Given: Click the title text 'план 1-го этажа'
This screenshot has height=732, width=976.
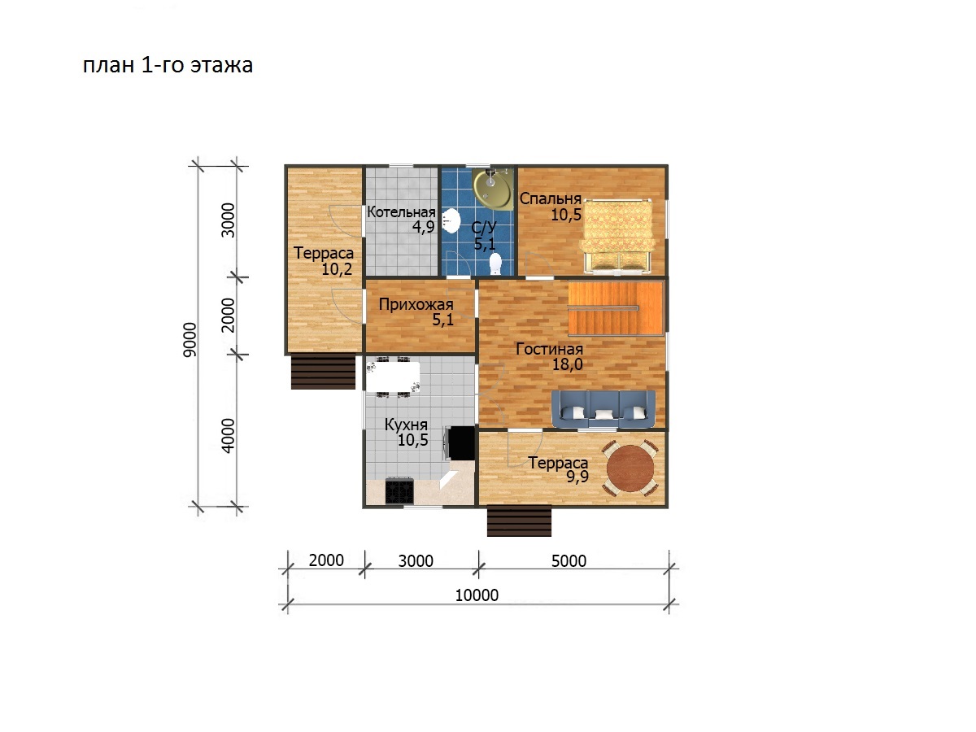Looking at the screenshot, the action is [168, 65].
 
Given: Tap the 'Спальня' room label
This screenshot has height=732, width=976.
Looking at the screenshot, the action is [551, 198].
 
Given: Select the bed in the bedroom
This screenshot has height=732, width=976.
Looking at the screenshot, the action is [617, 236].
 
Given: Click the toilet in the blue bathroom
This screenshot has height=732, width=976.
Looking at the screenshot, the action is [495, 264].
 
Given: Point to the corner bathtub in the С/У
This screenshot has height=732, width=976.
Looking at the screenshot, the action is [492, 188].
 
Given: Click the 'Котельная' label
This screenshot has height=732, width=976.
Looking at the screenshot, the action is [401, 212].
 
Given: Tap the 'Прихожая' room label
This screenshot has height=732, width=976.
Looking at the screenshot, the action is [416, 304].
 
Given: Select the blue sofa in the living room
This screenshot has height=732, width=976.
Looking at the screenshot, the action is [603, 409].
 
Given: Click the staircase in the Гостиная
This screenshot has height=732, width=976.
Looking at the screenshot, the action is [616, 308].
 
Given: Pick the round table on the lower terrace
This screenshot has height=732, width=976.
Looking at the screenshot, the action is [630, 468].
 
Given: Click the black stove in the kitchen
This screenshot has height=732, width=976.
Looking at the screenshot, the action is [399, 490].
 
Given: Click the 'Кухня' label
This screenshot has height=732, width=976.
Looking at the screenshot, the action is [406, 425].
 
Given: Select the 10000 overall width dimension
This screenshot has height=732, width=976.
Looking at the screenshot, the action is [477, 595].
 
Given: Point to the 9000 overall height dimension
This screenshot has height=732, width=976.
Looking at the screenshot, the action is [190, 339].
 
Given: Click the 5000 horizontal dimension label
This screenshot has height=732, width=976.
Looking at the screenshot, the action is [569, 561].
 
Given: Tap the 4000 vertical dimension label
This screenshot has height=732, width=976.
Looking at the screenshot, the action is [228, 436].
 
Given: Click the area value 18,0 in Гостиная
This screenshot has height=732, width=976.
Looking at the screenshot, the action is [568, 364].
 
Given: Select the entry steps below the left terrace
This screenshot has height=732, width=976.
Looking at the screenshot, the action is [323, 372].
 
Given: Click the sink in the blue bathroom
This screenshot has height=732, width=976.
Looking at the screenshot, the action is [451, 221].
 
